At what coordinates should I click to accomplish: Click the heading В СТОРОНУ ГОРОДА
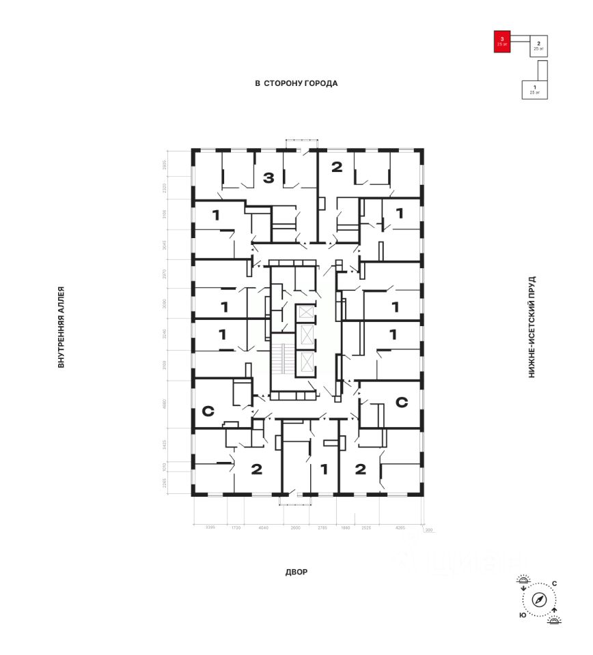click(x=296, y=83)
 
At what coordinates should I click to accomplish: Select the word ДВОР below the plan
click(x=296, y=572)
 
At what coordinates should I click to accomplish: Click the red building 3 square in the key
click(x=502, y=42)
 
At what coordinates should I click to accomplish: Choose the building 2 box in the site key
click(x=539, y=46)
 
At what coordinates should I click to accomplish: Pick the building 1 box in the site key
click(x=534, y=89)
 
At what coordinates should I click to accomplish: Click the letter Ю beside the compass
click(x=522, y=615)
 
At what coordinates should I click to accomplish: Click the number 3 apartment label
click(x=268, y=178)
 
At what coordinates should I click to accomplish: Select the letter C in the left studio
click(x=208, y=411)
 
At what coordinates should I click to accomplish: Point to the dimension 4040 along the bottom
click(x=263, y=527)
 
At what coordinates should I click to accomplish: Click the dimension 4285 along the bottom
click(x=400, y=527)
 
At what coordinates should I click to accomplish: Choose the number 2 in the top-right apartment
click(x=336, y=166)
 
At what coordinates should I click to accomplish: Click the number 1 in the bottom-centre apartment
click(x=324, y=469)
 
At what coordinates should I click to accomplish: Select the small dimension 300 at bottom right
click(x=429, y=530)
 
